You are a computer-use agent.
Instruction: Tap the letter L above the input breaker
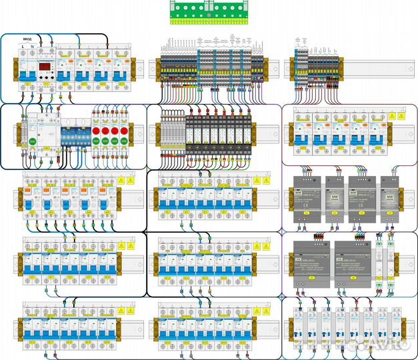23,46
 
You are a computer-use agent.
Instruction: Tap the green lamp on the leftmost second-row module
31,141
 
